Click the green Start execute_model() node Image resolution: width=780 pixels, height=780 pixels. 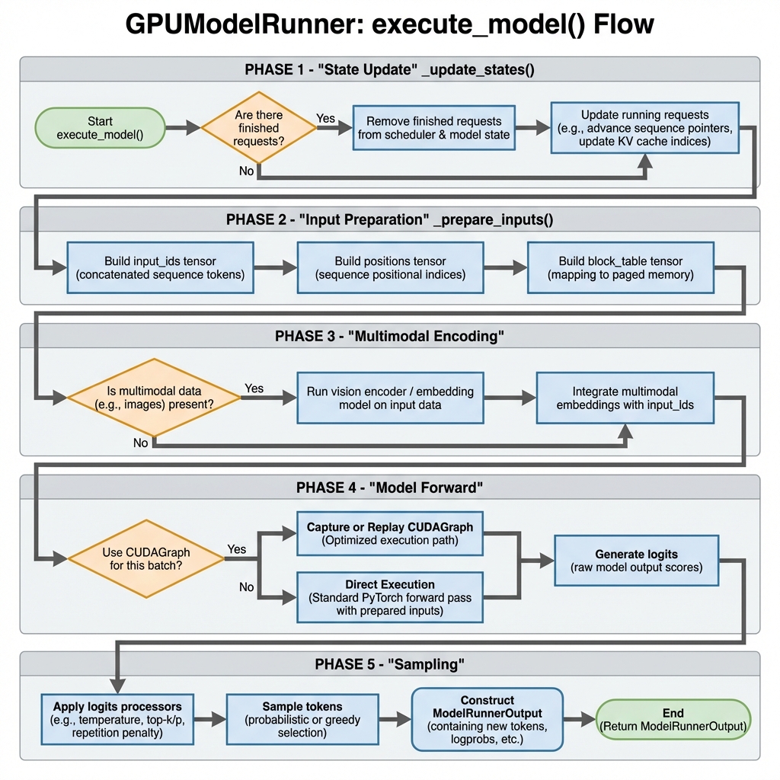click(x=100, y=128)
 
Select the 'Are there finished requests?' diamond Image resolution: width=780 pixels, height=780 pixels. click(x=257, y=128)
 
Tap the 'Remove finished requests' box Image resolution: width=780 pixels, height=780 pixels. click(x=433, y=128)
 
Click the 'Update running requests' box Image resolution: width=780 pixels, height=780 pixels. click(x=644, y=128)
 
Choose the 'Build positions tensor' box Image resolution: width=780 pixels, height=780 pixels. click(x=390, y=268)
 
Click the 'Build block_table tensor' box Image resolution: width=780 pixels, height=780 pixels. click(x=620, y=268)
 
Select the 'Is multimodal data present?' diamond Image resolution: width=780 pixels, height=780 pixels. click(x=154, y=397)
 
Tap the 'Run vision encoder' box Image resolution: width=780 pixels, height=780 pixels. click(x=390, y=397)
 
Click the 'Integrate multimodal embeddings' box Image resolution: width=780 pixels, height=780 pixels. click(x=625, y=397)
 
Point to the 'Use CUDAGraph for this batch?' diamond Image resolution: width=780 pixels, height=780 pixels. click(x=146, y=560)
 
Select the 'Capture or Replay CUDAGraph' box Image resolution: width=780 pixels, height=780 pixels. click(x=390, y=533)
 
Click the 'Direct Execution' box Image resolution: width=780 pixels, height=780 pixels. click(x=390, y=597)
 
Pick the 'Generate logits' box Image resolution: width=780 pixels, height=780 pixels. click(x=636, y=560)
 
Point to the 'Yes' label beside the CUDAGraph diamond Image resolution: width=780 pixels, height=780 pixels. click(x=237, y=548)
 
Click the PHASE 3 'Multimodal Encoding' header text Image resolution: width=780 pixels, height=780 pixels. click(x=389, y=337)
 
